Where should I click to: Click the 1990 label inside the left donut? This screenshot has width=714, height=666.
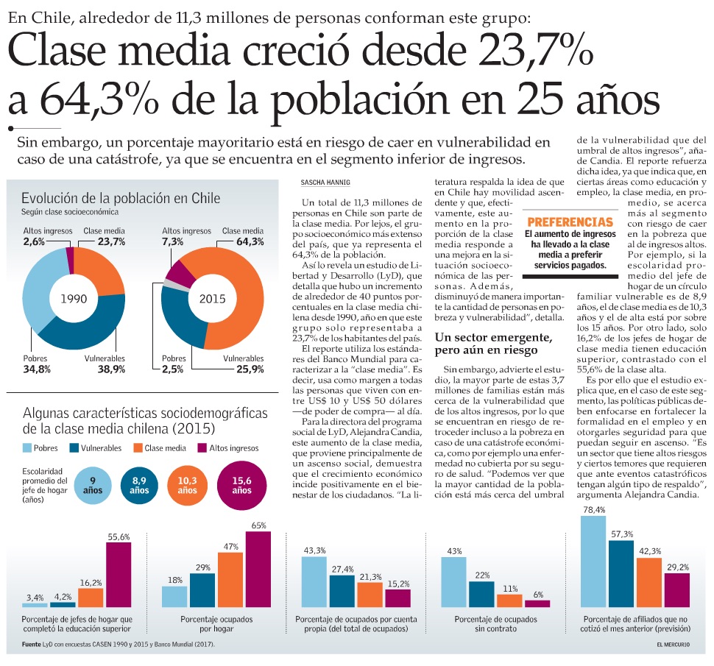click(74, 300)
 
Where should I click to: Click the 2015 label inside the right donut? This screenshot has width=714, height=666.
click(212, 300)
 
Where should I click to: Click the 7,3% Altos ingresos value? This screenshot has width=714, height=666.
click(174, 241)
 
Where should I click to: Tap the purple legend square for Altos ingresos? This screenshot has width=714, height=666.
click(202, 447)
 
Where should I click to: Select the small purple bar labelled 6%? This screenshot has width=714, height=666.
click(537, 603)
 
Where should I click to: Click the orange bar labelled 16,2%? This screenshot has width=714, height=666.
click(91, 598)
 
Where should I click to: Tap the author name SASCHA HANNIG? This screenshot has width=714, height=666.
click(323, 182)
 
